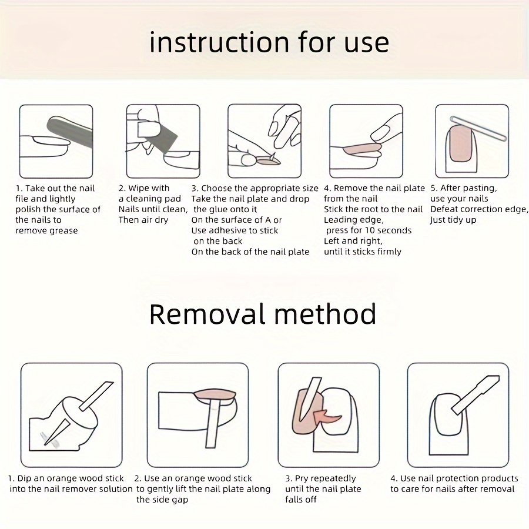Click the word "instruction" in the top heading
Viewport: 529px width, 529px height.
tap(219, 42)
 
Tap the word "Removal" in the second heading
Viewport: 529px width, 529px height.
tap(206, 314)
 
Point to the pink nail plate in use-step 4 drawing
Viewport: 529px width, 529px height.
tap(361, 149)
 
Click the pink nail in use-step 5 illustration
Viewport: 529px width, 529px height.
tap(461, 144)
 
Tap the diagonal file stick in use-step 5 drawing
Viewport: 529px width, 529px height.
tap(478, 128)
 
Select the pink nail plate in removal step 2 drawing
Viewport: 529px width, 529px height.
tap(215, 395)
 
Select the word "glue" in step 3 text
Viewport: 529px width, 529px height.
tap(227, 209)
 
